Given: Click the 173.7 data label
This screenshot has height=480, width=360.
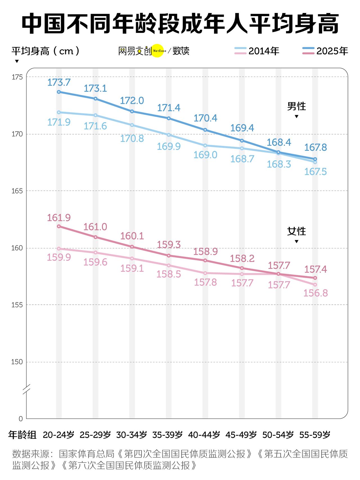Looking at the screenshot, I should pyautogui.click(x=59, y=82).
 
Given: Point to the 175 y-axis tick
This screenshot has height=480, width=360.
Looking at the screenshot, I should pyautogui.click(x=17, y=77).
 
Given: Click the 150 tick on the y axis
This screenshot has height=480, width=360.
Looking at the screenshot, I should pyautogui.click(x=17, y=362).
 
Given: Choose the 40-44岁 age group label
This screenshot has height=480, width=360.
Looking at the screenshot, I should pyautogui.click(x=204, y=435).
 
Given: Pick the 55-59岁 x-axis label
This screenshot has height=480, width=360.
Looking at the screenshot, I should pyautogui.click(x=315, y=435).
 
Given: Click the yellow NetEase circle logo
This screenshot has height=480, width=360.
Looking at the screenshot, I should pyautogui.click(x=158, y=51).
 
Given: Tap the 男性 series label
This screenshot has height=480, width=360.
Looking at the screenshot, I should pyautogui.click(x=296, y=106).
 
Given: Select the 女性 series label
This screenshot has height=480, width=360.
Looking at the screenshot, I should pyautogui.click(x=296, y=231).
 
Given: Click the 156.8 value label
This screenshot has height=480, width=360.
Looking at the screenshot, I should pyautogui.click(x=316, y=293).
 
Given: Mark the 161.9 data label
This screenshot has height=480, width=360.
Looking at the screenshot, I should pyautogui.click(x=59, y=218).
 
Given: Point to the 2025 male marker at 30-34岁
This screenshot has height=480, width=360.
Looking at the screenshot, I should pyautogui.click(x=132, y=111).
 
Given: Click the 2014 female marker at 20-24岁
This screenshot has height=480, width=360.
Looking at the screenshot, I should pyautogui.click(x=59, y=249).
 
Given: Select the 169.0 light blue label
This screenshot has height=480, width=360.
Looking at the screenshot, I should pyautogui.click(x=205, y=155).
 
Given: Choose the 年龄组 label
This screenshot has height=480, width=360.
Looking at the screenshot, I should pyautogui.click(x=22, y=435).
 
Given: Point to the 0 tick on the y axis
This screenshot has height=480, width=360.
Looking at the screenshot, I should pyautogui.click(x=21, y=419).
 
